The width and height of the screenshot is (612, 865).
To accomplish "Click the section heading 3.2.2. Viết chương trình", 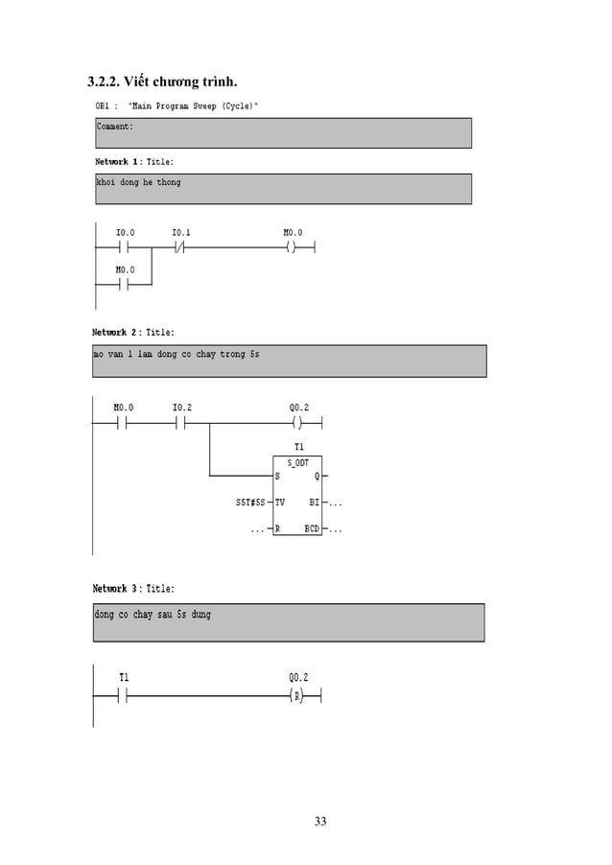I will pyautogui.click(x=156, y=78).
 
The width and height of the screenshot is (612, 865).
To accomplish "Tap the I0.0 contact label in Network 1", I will pyautogui.click(x=125, y=233).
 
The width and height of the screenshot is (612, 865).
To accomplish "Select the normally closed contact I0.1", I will pyautogui.click(x=181, y=247).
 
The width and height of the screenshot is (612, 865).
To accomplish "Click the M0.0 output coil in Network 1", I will pyautogui.click(x=293, y=247).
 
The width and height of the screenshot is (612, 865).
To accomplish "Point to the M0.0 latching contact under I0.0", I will pyautogui.click(x=125, y=285).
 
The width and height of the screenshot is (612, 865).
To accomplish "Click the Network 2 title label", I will pyautogui.click(x=132, y=333).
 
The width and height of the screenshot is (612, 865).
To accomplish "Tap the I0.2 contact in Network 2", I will pyautogui.click(x=182, y=422).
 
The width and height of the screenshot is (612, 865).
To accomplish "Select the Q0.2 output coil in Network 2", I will pyautogui.click(x=297, y=422).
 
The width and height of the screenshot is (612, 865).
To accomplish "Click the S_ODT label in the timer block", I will pyautogui.click(x=297, y=462).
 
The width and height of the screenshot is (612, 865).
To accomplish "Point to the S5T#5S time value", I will pyautogui.click(x=250, y=503).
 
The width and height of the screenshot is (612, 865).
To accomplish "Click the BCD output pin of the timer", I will pyautogui.click(x=312, y=528).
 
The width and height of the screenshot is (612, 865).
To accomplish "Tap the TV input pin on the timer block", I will pyautogui.click(x=280, y=503).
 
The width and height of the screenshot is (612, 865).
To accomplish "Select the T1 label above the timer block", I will pyautogui.click(x=298, y=447).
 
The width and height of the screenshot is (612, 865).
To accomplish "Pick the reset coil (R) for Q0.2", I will pyautogui.click(x=297, y=694).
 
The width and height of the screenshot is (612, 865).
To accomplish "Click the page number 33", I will pyautogui.click(x=319, y=821).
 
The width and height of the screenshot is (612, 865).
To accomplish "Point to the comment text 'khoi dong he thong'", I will pyautogui.click(x=138, y=182).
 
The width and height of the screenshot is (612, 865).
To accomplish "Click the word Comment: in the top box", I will pyautogui.click(x=114, y=127).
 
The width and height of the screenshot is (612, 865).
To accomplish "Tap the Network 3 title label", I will pyautogui.click(x=132, y=589).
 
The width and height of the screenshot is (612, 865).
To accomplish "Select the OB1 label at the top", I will pyautogui.click(x=102, y=105).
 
